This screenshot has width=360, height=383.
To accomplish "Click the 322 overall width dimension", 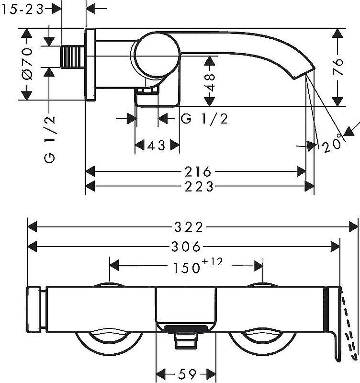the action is (189, 227).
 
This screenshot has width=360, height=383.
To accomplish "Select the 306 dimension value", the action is (186, 247).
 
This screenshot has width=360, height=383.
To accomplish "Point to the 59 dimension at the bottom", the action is (188, 374).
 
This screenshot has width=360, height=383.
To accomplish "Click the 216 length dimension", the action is (198, 171).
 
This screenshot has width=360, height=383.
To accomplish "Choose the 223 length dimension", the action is (199, 187).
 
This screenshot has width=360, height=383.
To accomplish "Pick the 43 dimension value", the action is (157, 146).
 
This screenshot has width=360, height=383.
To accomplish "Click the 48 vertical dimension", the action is (210, 82).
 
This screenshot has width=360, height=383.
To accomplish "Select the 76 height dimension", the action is (338, 67).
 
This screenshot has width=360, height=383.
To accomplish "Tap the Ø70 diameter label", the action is (27, 64).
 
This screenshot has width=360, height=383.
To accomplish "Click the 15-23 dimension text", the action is (22, 10).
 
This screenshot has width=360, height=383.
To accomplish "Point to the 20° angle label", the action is (332, 144).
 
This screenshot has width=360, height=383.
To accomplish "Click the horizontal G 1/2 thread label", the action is (204, 119).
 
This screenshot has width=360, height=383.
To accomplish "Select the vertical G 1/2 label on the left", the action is (50, 140).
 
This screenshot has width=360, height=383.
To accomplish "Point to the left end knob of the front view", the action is (34, 309).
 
